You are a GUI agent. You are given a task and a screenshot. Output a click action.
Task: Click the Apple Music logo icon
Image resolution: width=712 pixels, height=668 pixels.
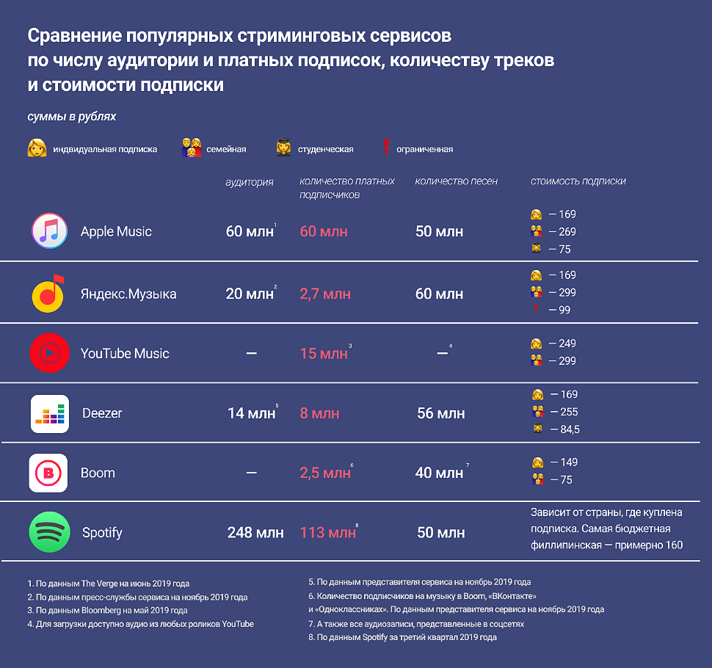[50, 231]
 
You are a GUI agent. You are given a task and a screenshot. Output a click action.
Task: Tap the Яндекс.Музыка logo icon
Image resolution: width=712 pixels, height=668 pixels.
[50, 293]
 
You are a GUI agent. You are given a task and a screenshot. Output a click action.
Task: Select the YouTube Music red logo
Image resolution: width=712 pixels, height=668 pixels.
[50, 353]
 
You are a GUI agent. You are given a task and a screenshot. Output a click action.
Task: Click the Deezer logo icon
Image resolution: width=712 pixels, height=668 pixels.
[50, 413]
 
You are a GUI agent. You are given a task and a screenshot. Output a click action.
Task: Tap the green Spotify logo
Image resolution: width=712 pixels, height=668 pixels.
[50, 532]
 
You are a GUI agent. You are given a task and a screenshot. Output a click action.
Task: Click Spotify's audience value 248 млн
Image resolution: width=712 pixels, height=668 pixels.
[255, 533]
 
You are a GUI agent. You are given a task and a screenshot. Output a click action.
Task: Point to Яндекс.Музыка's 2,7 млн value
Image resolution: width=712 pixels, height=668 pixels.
[325, 294]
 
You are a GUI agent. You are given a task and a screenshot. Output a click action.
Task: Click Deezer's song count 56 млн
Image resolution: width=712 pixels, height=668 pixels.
[440, 414]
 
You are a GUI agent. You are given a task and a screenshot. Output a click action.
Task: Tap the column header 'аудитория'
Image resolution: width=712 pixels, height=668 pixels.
[250, 182]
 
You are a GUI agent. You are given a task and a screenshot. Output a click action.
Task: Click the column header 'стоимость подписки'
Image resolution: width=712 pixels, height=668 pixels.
[578, 181]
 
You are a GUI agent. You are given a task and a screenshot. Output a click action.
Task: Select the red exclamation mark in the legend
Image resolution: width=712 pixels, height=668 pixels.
[386, 148]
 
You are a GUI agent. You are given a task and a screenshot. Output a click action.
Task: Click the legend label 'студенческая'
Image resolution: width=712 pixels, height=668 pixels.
[325, 149]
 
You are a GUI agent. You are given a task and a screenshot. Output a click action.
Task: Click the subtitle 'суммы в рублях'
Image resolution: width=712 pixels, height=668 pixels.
[72, 117]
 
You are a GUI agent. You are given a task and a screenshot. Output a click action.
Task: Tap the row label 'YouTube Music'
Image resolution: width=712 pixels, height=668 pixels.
[125, 354]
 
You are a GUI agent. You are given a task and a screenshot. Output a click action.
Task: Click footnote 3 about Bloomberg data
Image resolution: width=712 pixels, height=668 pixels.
[108, 611]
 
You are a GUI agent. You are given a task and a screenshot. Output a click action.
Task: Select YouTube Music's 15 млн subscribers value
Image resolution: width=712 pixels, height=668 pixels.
[324, 354]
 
